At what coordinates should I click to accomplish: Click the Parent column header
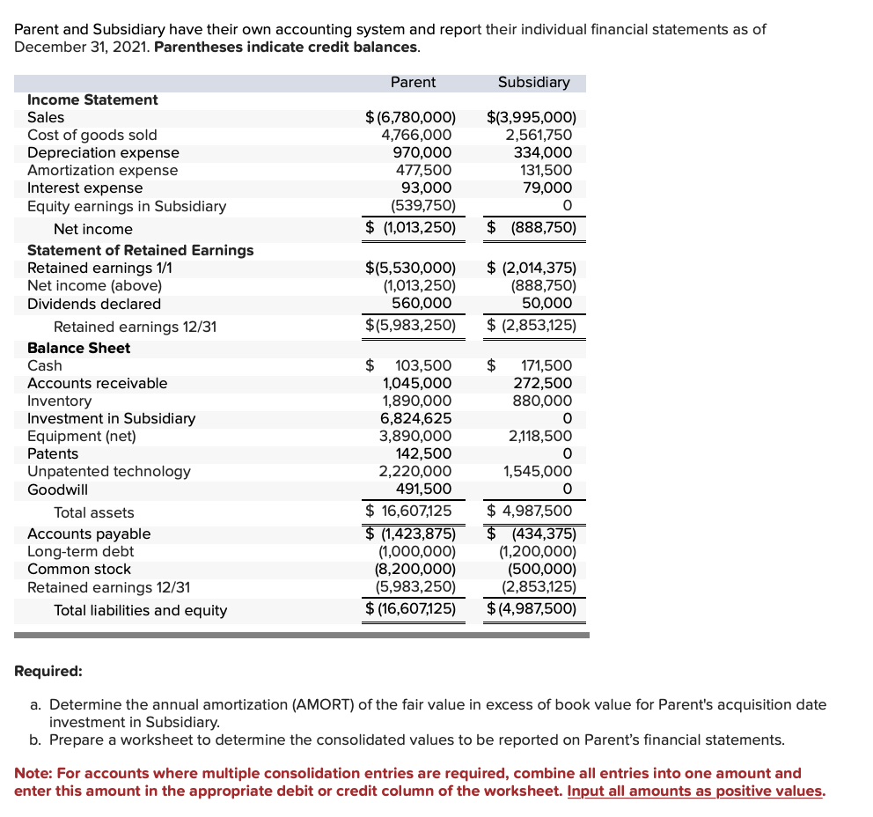coord(412,82)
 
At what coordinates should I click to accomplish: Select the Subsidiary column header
coord(533,82)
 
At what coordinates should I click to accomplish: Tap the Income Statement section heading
coord(92,99)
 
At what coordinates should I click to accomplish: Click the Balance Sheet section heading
coord(78,348)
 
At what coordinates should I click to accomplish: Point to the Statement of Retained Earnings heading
coord(140,250)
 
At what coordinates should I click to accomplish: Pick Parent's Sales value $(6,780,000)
coord(410,117)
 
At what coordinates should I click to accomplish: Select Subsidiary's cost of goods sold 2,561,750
coord(538,135)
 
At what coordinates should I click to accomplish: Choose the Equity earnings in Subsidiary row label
coord(126,206)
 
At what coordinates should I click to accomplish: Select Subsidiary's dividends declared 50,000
coord(550,304)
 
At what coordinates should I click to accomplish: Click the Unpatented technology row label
coord(108,471)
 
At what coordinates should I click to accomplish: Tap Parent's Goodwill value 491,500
coord(423,489)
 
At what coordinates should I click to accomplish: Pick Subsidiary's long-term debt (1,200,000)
coord(537,551)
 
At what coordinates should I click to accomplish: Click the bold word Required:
coord(48,671)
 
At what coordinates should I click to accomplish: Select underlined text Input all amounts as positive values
coord(695,791)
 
